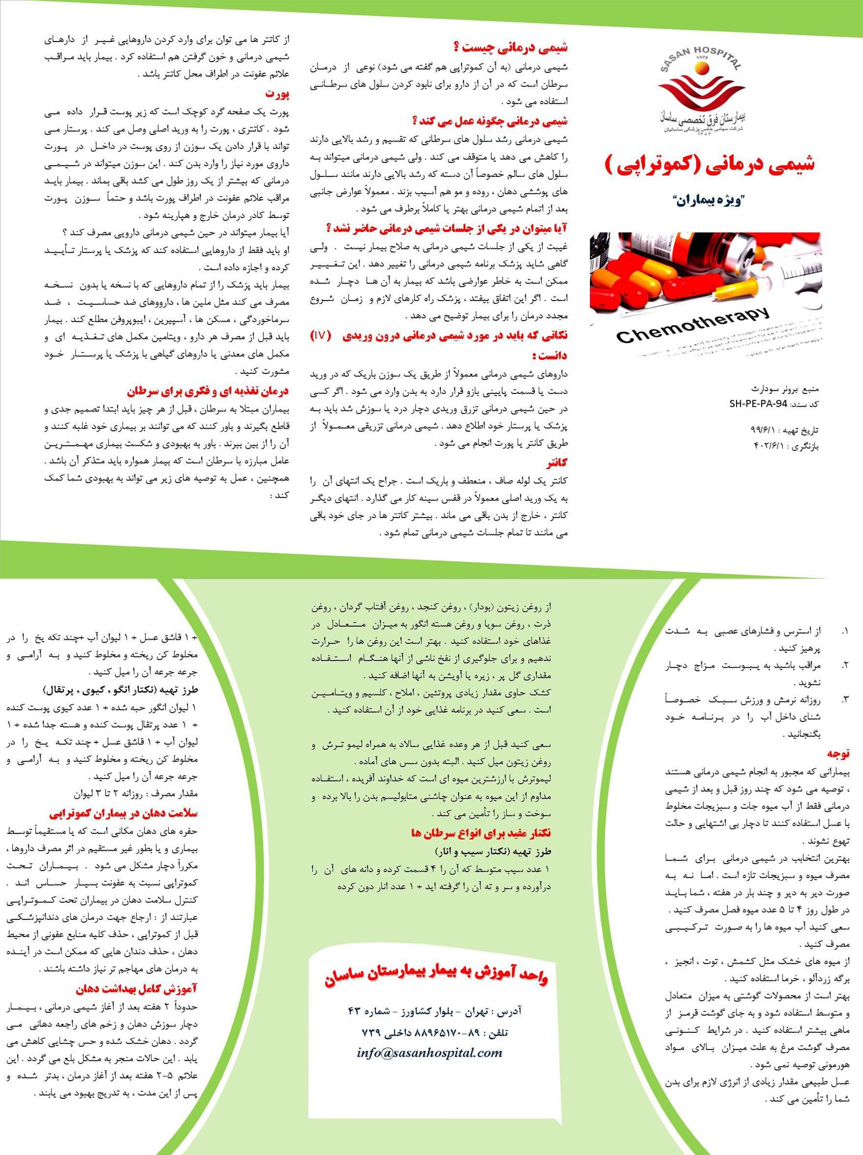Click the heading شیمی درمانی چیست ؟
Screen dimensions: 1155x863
click(x=511, y=48)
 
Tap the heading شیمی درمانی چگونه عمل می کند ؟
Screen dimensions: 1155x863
click(x=490, y=122)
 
